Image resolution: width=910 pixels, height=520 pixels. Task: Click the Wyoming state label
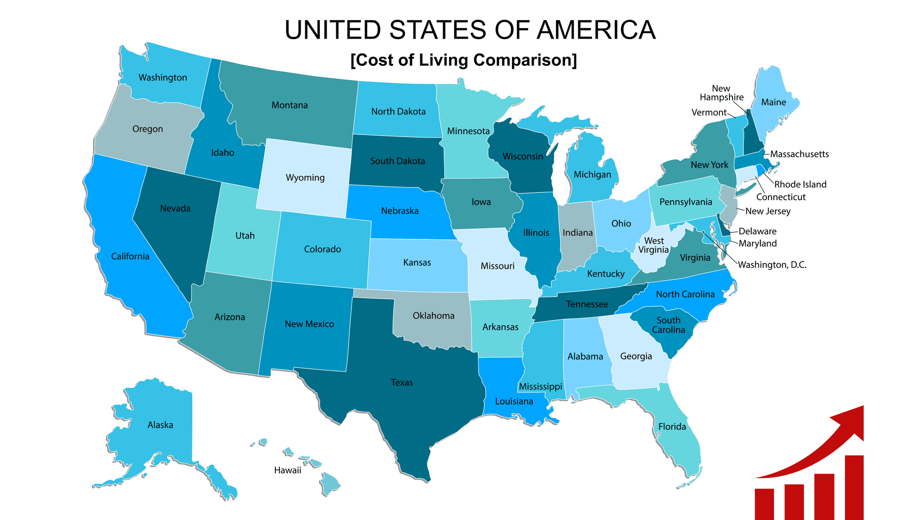[x=305, y=177]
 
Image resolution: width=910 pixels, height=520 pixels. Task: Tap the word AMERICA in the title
[x=596, y=30]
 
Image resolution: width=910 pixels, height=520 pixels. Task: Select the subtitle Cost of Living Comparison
[x=464, y=60]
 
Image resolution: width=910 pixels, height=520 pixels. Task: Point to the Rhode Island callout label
[x=800, y=184]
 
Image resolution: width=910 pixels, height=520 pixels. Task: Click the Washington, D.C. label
[x=772, y=265]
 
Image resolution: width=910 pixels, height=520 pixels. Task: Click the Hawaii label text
[x=288, y=470]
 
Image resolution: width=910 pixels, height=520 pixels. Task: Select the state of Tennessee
[x=587, y=304]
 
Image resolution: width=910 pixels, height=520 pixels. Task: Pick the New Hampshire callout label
[x=721, y=93]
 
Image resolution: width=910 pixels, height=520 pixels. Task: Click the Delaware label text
[x=757, y=231]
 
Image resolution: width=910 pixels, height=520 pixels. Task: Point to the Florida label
[x=672, y=427]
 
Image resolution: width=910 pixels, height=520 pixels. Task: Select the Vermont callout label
[x=708, y=112]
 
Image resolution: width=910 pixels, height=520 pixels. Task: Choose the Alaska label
[x=160, y=425]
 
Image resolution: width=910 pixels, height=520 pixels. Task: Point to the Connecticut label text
[x=780, y=197]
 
